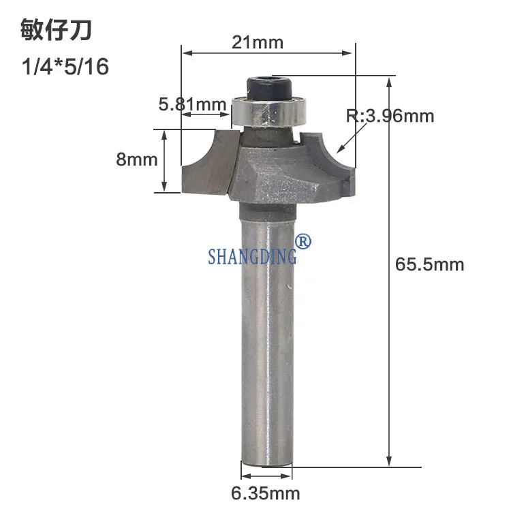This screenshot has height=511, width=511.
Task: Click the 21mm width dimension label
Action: click(x=258, y=42)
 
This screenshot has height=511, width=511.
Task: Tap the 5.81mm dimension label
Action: click(x=192, y=104)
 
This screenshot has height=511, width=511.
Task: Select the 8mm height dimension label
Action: click(x=137, y=159)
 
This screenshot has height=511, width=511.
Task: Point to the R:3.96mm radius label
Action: click(x=390, y=116)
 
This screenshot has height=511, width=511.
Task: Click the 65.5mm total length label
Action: click(x=429, y=264)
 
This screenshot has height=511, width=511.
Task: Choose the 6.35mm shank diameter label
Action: click(x=266, y=493)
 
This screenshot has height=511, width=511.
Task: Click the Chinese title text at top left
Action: click(x=56, y=30)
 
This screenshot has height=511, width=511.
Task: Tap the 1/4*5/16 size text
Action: click(x=65, y=67)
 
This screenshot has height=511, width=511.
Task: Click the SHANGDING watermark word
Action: click(x=253, y=255)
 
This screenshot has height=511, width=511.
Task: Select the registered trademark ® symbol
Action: click(x=303, y=241)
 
